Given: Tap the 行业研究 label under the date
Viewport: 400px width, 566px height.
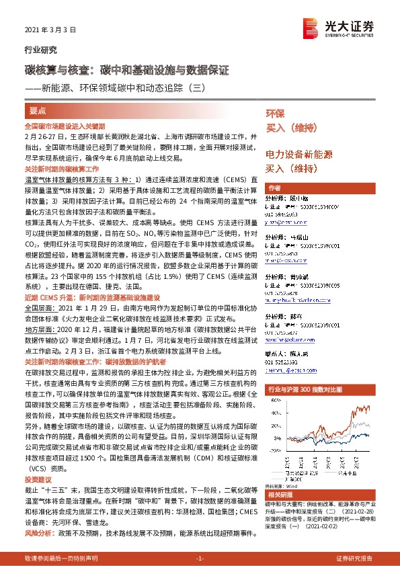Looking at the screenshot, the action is pyautogui.click(x=40, y=50).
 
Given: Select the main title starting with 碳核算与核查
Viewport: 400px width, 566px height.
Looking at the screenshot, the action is pyautogui.click(x=127, y=70).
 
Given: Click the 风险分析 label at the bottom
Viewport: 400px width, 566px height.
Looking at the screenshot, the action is pyautogui.click(x=39, y=533).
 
